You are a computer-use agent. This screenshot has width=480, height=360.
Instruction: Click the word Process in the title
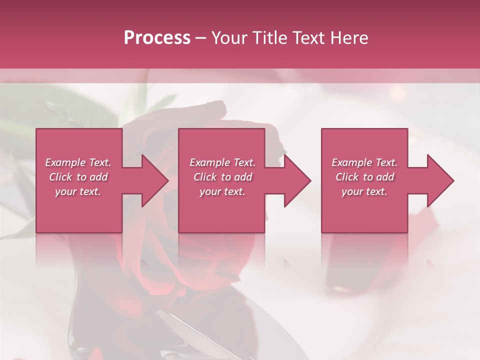pos(157,38)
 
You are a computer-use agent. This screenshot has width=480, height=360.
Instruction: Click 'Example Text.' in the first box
pos(78,162)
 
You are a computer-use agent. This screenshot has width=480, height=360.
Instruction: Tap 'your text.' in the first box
pos(78,191)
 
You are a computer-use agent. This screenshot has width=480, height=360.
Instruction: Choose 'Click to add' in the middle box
pos(222,177)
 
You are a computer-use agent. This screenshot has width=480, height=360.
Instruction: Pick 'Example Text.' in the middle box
pos(222,162)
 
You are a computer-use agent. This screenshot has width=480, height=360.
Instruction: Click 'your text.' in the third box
pos(364,191)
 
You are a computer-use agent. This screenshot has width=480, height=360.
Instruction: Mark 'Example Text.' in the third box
pos(364,162)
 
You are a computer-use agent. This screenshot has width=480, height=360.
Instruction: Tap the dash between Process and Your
pos(200,38)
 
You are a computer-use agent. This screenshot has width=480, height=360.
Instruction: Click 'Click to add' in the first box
pos(78,177)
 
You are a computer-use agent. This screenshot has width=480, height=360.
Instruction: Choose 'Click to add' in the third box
pos(364,177)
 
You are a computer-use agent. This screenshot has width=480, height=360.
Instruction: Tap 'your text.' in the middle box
pos(222,191)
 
